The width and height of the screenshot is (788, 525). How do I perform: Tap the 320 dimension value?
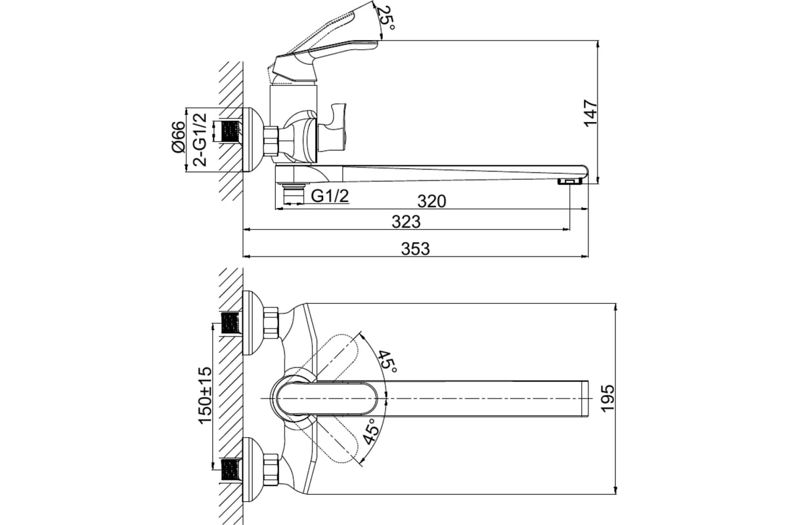431,201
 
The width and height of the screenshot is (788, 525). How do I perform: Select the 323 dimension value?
406,222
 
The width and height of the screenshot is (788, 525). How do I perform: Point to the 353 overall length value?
415,249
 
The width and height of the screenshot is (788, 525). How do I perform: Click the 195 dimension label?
607,398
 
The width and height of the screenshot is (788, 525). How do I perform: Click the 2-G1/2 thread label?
200,138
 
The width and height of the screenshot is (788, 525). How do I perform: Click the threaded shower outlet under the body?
292,194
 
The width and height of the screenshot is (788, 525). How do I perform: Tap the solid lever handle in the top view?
328,398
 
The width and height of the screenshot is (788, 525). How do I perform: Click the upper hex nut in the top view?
270,322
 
